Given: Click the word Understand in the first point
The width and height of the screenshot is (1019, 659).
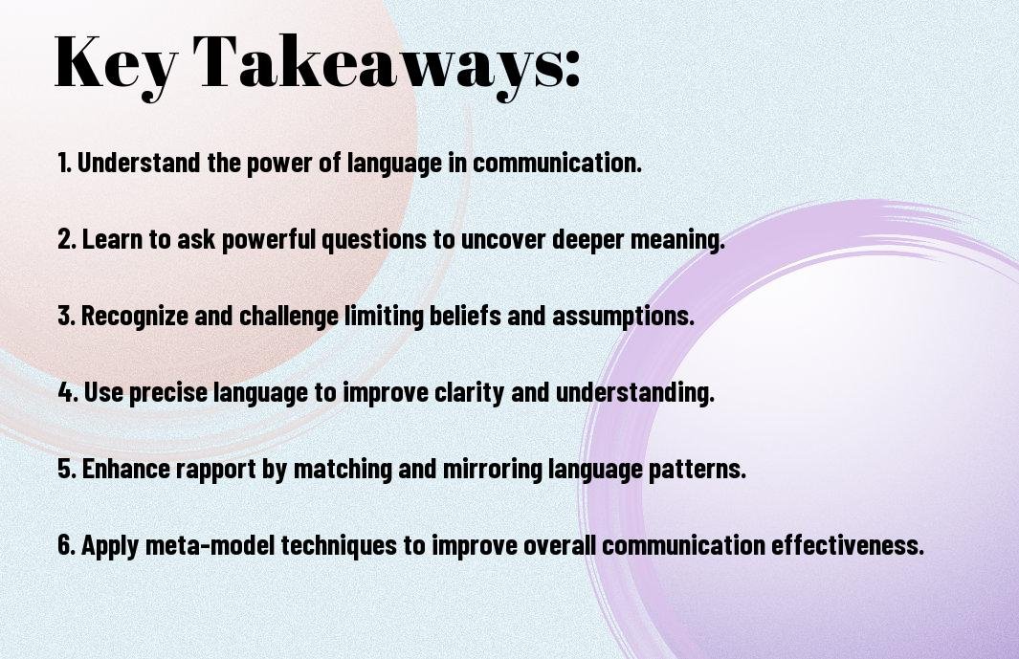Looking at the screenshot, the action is [139, 163].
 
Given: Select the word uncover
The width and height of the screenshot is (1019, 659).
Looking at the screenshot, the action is [503, 239].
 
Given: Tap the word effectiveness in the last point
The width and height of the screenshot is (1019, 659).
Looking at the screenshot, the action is [847, 544].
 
